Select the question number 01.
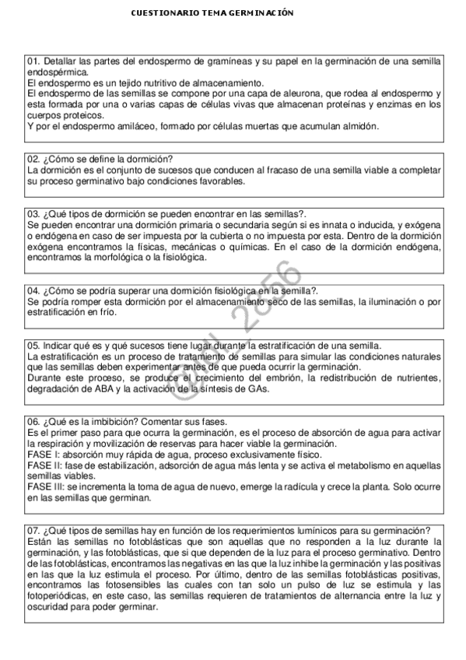[x=33, y=61]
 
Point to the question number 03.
[x=33, y=213]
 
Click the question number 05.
[x=33, y=345]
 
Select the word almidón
[x=360, y=126]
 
